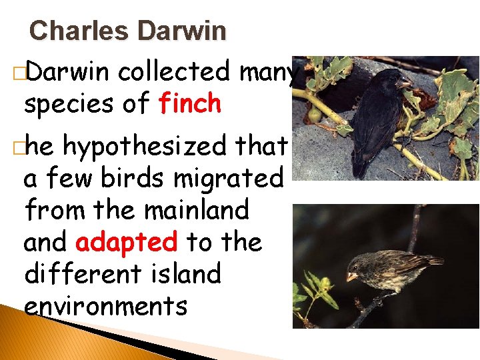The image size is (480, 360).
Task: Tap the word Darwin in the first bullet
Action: point(66,71)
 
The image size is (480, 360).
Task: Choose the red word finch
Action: point(189,103)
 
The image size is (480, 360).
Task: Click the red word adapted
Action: point(127,243)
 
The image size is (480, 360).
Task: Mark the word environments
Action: point(105,306)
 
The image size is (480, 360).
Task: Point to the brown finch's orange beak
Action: point(352,276)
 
